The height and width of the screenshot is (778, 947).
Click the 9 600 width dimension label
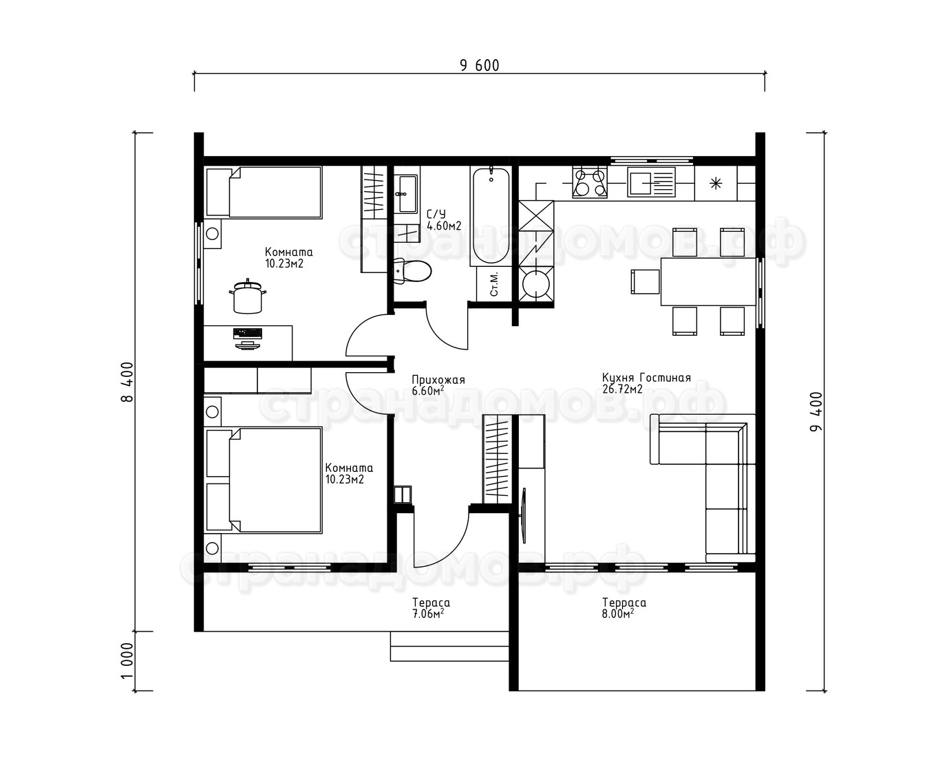coord(479,65)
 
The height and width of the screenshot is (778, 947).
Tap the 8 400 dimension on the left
coord(127,382)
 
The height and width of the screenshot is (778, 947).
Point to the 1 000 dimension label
coord(127,661)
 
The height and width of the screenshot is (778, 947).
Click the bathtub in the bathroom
coord(491,216)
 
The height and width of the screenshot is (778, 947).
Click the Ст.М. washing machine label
coord(494,283)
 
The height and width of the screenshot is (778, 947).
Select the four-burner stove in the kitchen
coord(590,182)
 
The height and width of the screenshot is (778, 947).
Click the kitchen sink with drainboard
coord(651,182)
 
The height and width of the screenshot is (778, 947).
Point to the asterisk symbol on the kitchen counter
coord(715,183)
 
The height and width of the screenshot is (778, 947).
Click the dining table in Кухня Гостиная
coord(708,281)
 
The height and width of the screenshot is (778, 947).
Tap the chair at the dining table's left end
coord(646,281)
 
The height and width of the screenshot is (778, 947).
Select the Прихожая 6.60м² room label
coord(438,385)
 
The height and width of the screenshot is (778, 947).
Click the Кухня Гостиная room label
coord(646,383)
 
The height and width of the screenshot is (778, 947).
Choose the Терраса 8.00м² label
coord(624,608)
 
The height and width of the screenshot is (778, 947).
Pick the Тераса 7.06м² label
coord(431,608)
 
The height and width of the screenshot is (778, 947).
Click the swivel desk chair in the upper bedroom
coord(247,296)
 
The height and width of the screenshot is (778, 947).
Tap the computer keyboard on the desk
coord(247,333)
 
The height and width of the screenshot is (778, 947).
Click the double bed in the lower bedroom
coord(264,480)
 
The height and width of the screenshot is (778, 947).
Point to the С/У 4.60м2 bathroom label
coord(444,220)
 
